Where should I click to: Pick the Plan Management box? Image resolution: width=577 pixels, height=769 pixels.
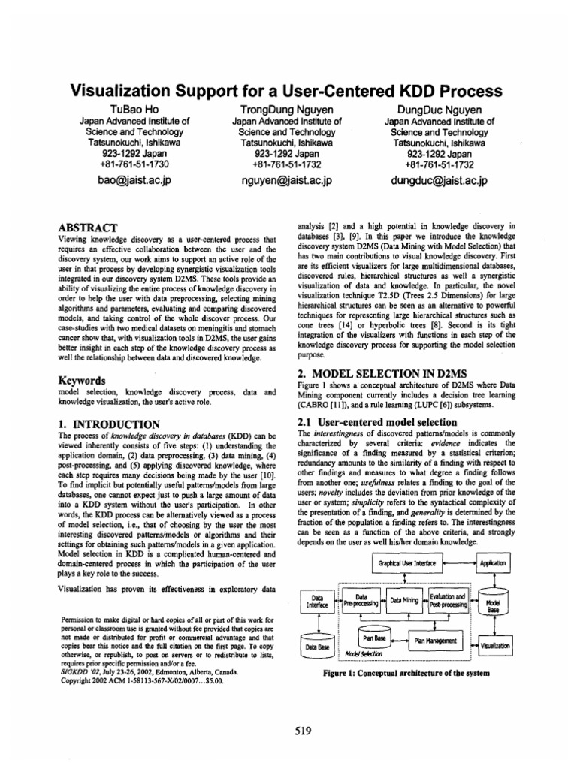(x=436, y=640)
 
